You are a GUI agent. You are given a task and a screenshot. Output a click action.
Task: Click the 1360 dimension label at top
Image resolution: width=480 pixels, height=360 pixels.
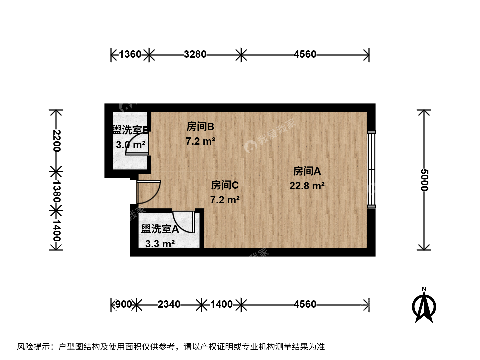click(x=130, y=54)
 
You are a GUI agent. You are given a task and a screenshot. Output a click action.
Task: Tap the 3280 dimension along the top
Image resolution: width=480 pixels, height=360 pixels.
click(x=195, y=54)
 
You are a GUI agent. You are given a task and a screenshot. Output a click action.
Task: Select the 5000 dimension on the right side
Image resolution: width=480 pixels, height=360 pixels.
click(x=424, y=180)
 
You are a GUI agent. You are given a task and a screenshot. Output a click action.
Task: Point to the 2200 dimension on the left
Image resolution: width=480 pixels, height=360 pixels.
click(x=56, y=141)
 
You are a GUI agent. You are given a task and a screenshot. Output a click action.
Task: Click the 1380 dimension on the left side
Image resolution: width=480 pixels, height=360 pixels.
click(x=56, y=191)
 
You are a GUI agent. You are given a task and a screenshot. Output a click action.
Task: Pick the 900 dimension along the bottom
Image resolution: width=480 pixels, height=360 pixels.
click(x=124, y=304)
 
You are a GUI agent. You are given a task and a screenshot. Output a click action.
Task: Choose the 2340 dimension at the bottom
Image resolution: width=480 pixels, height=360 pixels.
click(x=169, y=304)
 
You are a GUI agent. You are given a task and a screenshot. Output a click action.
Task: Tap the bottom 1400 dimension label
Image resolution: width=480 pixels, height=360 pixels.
click(x=221, y=304)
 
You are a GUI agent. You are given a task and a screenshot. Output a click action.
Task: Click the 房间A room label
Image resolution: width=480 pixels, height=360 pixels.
click(x=307, y=171)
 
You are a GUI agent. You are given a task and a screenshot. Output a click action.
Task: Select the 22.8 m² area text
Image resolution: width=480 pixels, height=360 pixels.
click(x=307, y=186)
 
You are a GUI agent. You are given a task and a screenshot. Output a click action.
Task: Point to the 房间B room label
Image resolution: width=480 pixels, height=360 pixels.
click(x=200, y=127)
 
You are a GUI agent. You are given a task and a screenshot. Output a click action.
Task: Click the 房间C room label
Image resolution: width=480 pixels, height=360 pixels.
click(x=225, y=185)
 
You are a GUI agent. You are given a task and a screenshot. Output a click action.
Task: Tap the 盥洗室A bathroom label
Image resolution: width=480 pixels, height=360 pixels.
click(x=160, y=229)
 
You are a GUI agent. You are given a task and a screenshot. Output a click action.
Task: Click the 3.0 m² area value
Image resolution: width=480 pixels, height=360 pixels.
click(x=131, y=145)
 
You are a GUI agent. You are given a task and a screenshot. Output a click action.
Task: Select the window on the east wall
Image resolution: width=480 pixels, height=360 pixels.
click(x=371, y=169)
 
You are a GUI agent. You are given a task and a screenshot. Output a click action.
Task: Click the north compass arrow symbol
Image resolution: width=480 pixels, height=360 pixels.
click(x=424, y=306)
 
